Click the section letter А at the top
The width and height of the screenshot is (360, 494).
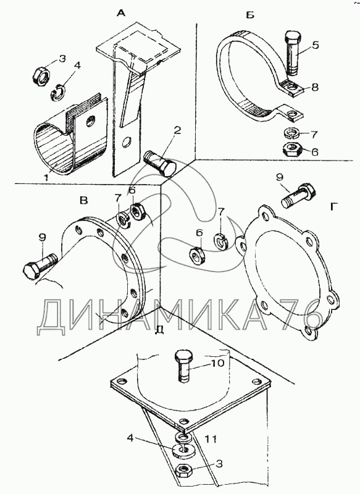(121, 13)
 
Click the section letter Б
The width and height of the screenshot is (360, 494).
(250, 15)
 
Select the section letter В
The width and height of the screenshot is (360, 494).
(84, 201)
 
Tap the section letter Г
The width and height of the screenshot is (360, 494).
(335, 207)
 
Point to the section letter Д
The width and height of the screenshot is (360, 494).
(160, 330)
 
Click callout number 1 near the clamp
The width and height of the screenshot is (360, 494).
(46, 177)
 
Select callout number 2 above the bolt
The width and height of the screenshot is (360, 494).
(177, 130)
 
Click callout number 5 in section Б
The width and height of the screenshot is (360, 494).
(315, 45)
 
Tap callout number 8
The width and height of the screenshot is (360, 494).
(315, 87)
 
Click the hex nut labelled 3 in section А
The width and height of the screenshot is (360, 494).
(41, 77)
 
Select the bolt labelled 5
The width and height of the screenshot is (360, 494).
(293, 53)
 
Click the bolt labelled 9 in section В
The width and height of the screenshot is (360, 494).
(40, 267)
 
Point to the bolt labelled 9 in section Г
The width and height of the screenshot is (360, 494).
(299, 195)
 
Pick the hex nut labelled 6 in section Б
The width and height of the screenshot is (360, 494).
(291, 149)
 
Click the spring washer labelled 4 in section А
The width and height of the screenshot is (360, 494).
(58, 91)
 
